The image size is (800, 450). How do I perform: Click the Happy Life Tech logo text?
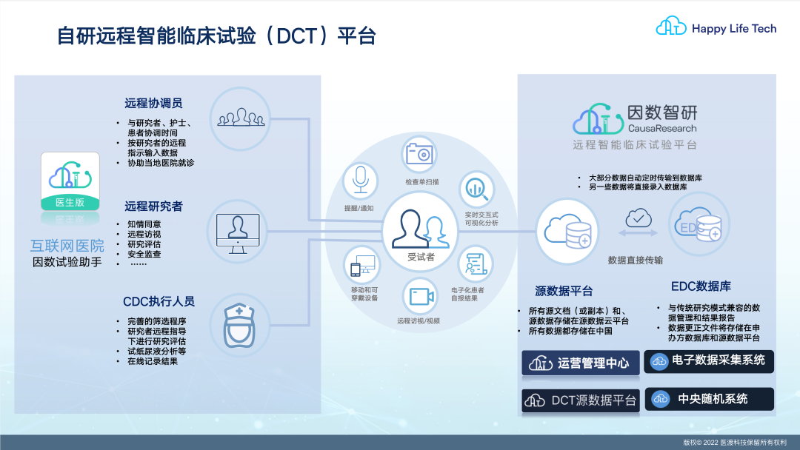click(733, 29)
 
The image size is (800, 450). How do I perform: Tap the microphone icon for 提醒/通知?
click(361, 180)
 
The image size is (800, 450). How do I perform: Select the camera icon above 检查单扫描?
click(419, 153)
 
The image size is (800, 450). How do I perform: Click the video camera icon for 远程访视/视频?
click(421, 296)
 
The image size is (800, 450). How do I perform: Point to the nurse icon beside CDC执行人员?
click(239, 326)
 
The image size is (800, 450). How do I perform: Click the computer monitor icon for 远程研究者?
click(238, 233)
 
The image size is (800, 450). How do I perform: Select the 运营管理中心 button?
click(581, 363)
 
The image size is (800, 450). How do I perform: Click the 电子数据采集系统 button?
click(709, 361)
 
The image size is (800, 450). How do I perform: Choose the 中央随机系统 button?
click(709, 398)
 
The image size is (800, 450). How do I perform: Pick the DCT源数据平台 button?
click(581, 400)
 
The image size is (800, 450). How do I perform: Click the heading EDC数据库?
click(701, 286)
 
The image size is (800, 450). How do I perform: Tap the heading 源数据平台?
click(564, 291)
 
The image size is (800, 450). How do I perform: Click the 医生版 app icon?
click(70, 181)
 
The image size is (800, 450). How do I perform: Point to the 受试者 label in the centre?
click(421, 257)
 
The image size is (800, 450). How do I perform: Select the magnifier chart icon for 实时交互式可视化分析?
click(477, 189)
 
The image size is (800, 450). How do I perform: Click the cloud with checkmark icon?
click(639, 218)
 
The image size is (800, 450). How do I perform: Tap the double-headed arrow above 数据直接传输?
click(639, 233)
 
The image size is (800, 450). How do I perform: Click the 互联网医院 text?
click(67, 246)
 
